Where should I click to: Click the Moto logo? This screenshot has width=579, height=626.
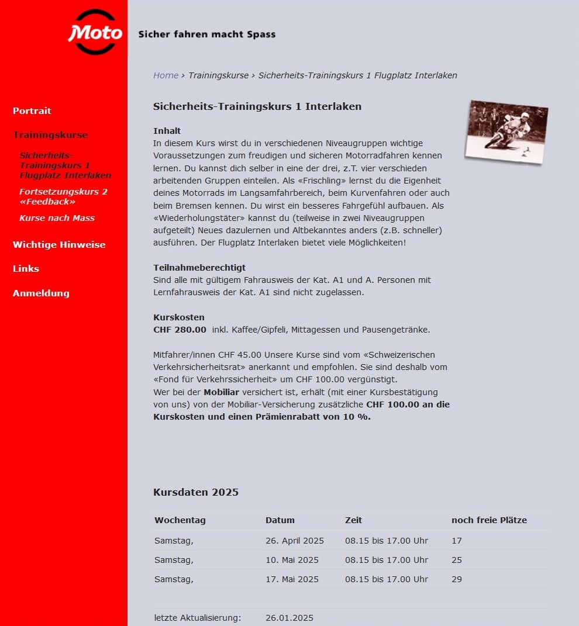pos(95,33)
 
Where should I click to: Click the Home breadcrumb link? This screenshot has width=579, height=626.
pos(166,75)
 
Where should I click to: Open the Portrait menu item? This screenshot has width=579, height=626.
pos(32,110)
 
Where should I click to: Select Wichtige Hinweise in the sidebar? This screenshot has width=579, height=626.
pos(59,244)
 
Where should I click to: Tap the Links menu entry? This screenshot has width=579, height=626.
pos(26,268)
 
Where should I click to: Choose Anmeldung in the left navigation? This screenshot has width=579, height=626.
pos(41,293)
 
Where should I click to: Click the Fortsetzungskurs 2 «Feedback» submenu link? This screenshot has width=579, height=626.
pos(63,196)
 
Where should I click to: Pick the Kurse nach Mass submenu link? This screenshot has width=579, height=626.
pos(57,218)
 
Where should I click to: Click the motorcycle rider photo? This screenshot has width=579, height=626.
pos(506,130)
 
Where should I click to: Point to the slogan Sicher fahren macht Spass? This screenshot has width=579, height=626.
pos(206,34)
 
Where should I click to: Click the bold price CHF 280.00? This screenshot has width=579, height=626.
pos(180,330)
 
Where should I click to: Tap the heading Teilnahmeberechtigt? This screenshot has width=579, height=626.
pos(199,268)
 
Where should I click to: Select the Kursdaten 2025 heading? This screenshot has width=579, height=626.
pos(196,492)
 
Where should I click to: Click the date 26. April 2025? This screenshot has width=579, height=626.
pos(294,541)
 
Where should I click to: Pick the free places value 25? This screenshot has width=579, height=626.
pos(457,560)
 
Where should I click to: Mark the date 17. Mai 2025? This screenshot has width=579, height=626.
pos(292,579)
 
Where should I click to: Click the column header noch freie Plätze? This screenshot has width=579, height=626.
pos(489,520)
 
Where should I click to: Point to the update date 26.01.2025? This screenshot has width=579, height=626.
pos(289,618)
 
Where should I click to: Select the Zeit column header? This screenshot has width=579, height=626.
pos(354,520)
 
